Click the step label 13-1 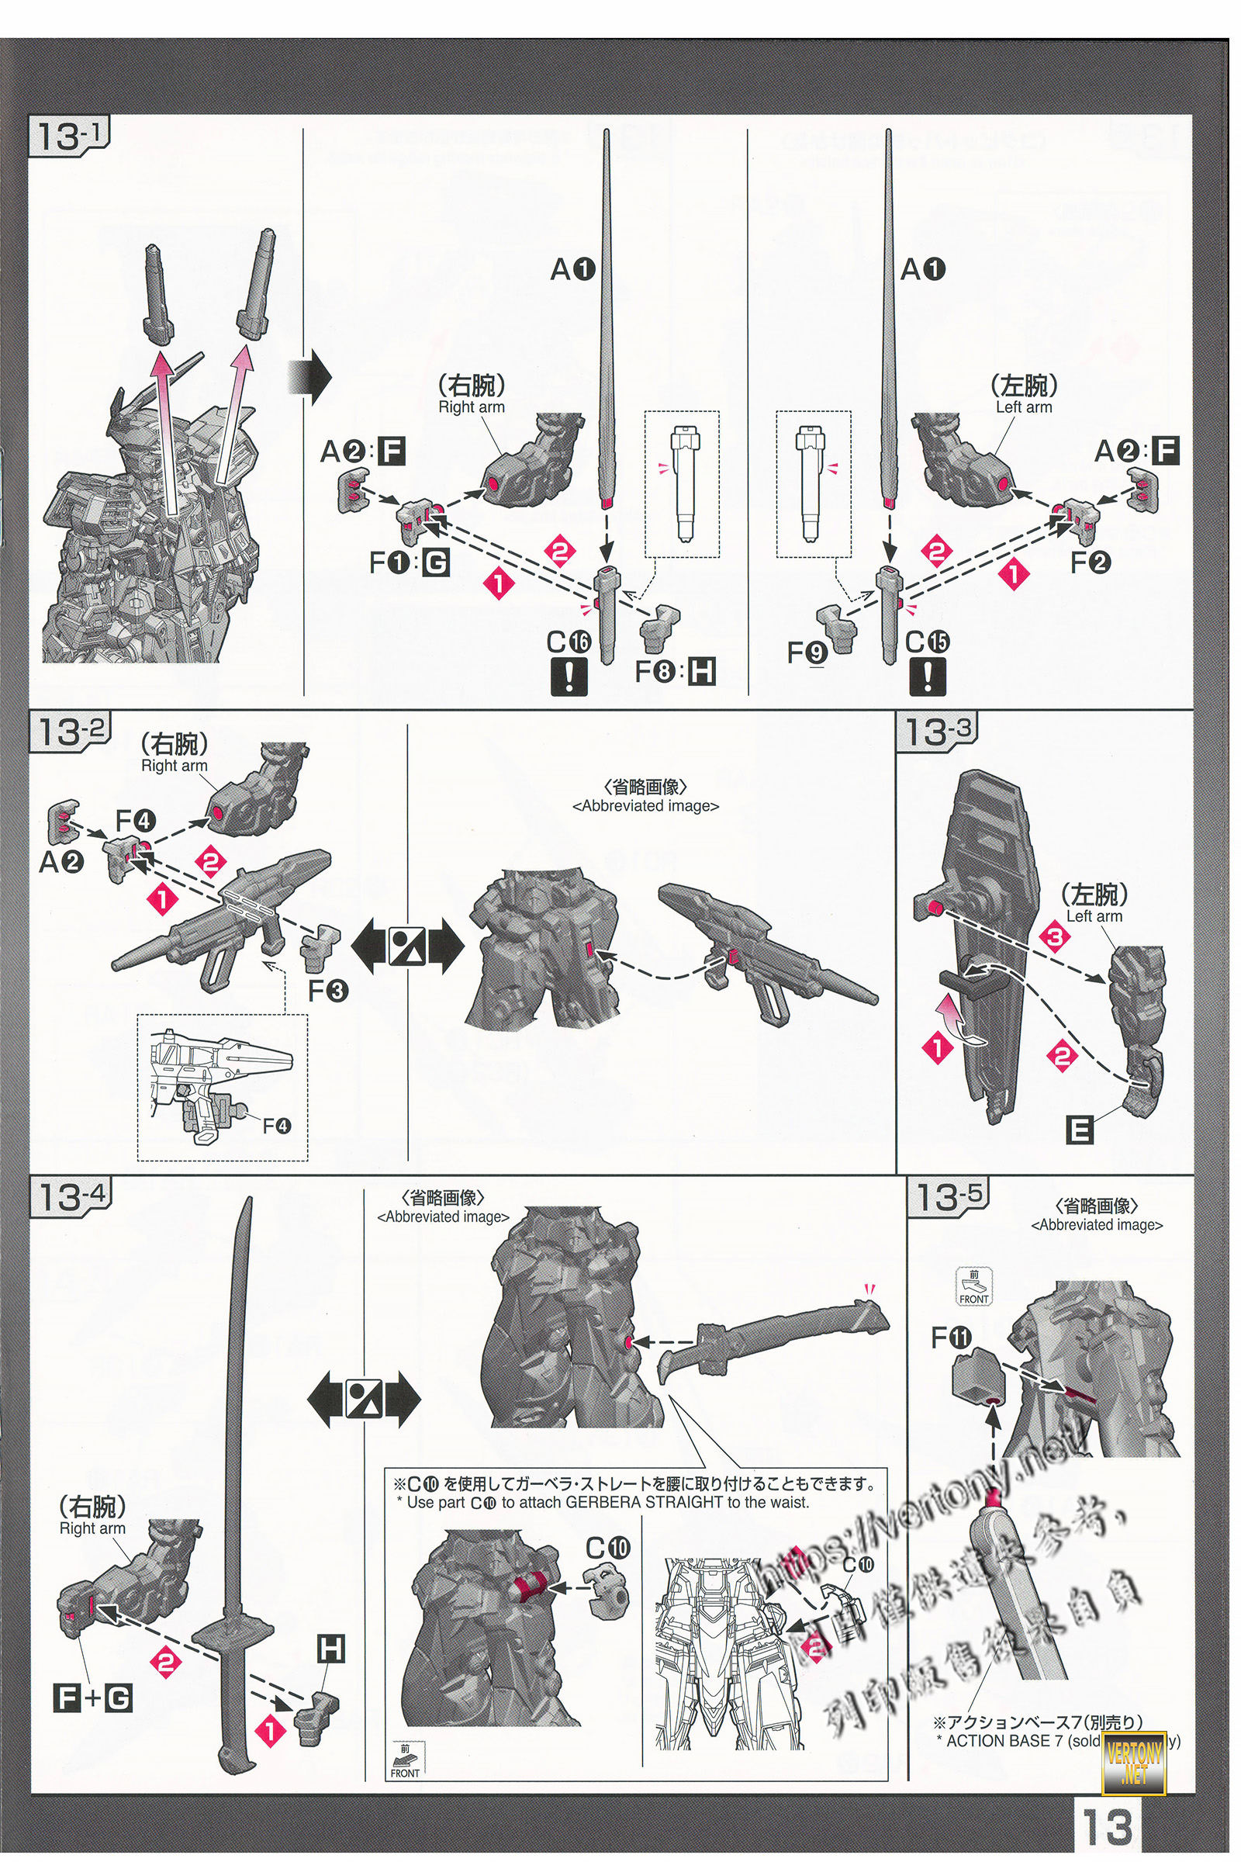pos(69,137)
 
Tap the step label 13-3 pos(935,732)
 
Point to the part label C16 pos(569,642)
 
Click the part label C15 pos(928,642)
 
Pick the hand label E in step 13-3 pos(1079,1130)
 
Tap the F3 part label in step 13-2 pos(327,991)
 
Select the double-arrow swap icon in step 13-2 pos(406,947)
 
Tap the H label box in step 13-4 pos(330,1650)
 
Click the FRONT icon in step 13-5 pos(973,1286)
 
